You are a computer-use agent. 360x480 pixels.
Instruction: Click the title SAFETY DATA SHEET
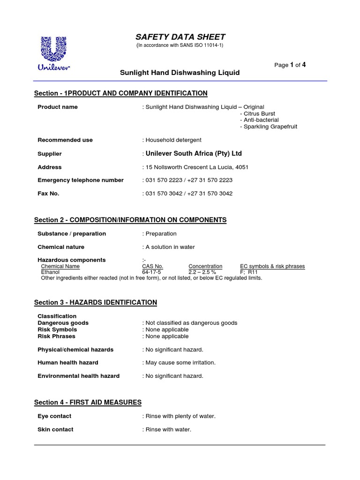pos(180,37)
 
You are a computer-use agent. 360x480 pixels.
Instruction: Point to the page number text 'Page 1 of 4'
pos(290,65)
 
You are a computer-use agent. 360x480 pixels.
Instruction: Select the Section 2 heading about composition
pos(130,220)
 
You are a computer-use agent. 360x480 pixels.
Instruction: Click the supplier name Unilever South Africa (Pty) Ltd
pos(194,154)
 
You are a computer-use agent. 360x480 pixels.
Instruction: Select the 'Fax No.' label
pos(48,194)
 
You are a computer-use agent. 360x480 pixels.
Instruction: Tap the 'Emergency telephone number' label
pos(80,180)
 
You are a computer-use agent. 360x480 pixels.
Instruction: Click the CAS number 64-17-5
pos(151,272)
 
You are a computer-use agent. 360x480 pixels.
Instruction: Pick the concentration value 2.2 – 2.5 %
pos(202,272)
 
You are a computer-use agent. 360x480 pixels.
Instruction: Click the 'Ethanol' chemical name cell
pos(51,272)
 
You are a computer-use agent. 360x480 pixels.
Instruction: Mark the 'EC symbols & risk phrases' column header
pos(272,266)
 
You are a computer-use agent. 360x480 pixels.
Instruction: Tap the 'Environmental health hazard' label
pos(78,376)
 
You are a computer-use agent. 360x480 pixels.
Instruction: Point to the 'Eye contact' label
pos(54,416)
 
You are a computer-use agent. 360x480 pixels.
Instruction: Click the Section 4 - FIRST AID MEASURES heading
pos(88,403)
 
